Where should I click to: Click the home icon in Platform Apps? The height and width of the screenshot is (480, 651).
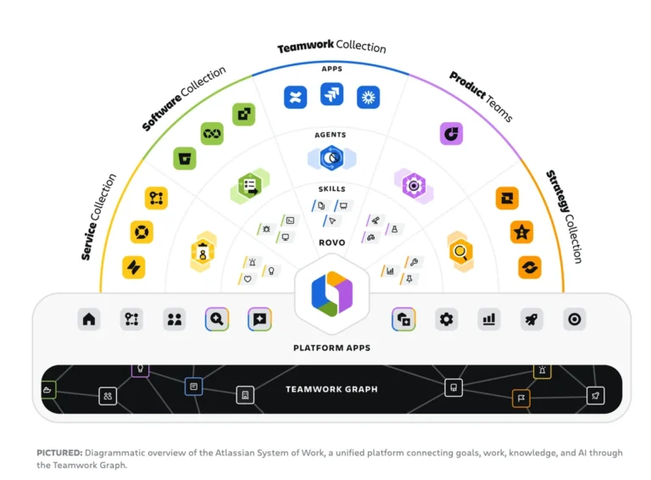tap(89, 319)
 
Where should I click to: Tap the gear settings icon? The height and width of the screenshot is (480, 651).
tap(447, 319)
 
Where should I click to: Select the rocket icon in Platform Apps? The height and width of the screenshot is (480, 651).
tap(531, 319)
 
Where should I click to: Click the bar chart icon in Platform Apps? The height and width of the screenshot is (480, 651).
tap(488, 319)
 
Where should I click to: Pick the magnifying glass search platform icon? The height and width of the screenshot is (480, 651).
tap(217, 319)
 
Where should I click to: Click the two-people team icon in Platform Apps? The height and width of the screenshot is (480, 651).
tap(174, 319)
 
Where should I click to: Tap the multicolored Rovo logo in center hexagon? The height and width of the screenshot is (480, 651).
tap(331, 293)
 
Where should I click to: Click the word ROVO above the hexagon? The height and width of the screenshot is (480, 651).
tap(331, 243)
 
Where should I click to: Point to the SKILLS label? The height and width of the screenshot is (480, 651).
tap(331, 189)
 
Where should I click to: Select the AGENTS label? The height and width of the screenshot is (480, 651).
tap(331, 135)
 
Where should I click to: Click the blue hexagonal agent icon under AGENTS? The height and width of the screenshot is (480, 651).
tap(331, 158)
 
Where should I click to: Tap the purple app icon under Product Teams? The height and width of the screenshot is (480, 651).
tap(451, 134)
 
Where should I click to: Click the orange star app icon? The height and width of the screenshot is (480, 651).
tap(522, 232)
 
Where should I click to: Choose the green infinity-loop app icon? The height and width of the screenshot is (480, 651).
tap(212, 134)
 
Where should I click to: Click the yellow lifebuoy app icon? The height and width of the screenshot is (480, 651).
tap(142, 232)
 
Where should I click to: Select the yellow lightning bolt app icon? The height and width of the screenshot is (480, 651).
tap(134, 267)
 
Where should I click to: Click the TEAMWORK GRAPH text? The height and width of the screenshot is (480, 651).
tap(331, 389)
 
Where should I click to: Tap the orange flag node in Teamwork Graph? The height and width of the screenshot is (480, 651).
tap(521, 399)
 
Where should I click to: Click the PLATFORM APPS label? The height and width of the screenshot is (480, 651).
tap(331, 348)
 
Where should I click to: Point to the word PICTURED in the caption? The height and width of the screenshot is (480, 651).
tap(59, 453)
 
